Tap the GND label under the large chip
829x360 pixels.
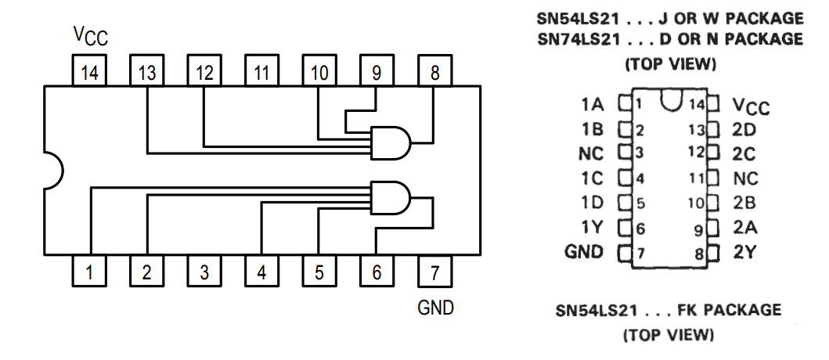(436, 308)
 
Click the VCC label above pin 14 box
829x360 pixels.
(90, 35)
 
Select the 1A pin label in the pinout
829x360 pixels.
(592, 104)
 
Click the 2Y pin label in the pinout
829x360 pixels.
(744, 252)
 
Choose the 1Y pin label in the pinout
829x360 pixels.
(592, 228)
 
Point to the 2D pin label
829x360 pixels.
(744, 129)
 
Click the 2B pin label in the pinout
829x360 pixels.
(744, 203)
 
